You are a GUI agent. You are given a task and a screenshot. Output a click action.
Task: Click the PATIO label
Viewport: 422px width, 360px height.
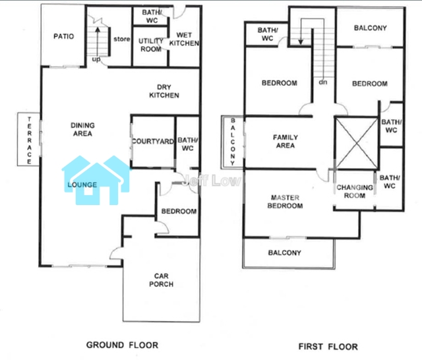tap(64, 36)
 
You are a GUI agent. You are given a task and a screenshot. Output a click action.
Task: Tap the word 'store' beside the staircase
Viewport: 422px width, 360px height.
tap(121, 39)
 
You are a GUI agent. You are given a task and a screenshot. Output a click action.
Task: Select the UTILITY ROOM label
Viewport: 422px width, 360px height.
tap(151, 45)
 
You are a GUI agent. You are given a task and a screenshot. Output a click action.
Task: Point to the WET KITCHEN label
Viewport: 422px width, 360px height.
tap(185, 39)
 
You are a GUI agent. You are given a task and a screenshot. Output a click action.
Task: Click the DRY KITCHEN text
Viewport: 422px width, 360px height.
tap(164, 91)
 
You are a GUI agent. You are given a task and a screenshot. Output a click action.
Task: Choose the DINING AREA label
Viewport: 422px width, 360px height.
tap(82, 129)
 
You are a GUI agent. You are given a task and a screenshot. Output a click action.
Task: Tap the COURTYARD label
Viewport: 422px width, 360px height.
tap(153, 141)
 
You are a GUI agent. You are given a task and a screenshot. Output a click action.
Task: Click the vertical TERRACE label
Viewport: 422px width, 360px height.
tap(29, 140)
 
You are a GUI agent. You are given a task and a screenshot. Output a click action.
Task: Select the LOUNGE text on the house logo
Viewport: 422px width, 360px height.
tap(82, 185)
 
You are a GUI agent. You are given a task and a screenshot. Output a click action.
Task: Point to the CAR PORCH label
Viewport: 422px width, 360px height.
tap(161, 280)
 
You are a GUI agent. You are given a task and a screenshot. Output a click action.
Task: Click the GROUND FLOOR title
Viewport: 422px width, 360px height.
tap(122, 345)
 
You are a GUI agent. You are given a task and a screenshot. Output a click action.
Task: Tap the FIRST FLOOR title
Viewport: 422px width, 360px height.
tap(328, 347)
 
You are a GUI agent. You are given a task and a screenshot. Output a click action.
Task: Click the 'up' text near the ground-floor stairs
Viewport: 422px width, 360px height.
tap(96, 59)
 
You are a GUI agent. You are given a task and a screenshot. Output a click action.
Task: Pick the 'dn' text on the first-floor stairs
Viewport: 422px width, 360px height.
tap(323, 82)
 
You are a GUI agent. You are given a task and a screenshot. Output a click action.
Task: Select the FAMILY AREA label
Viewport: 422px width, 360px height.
tap(286, 142)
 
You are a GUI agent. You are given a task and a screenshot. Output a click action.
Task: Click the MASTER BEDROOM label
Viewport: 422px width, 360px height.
tap(285, 202)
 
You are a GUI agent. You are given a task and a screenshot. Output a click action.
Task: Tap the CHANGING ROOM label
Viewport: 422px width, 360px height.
tap(355, 191)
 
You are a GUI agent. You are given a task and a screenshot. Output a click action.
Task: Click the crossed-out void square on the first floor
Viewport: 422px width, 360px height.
tap(357, 143)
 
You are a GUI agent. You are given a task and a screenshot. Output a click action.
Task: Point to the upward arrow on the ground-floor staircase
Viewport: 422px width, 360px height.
tap(98, 41)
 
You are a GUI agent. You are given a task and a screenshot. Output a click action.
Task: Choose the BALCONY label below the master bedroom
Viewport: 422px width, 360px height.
tap(284, 253)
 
